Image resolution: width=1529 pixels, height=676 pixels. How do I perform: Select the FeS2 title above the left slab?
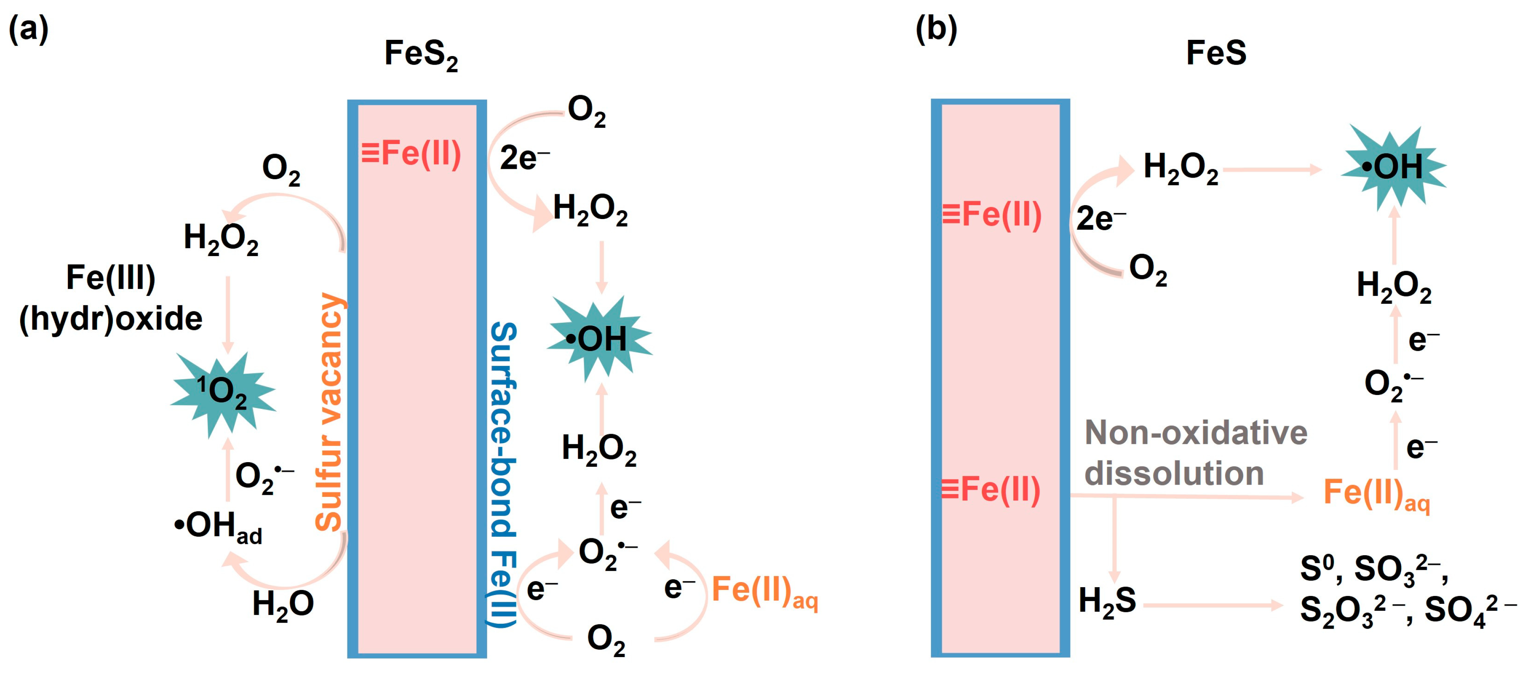(x=421, y=54)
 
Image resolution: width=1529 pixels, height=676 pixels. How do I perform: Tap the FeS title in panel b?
(x=1216, y=53)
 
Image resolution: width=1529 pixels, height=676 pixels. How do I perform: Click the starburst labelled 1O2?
(x=223, y=393)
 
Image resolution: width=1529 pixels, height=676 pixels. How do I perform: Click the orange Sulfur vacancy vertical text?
(x=329, y=412)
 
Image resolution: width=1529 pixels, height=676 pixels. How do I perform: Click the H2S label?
(x=1107, y=601)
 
